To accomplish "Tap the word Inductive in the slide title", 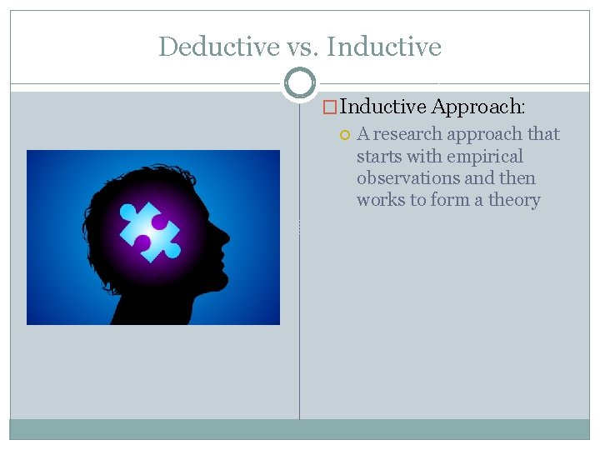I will pyautogui.click(x=384, y=47).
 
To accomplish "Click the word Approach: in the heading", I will pyautogui.click(x=478, y=107).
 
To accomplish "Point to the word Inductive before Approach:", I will pyautogui.click(x=383, y=107).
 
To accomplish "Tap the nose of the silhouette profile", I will pyautogui.click(x=225, y=237).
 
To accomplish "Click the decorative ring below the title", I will pyautogui.click(x=300, y=82).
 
